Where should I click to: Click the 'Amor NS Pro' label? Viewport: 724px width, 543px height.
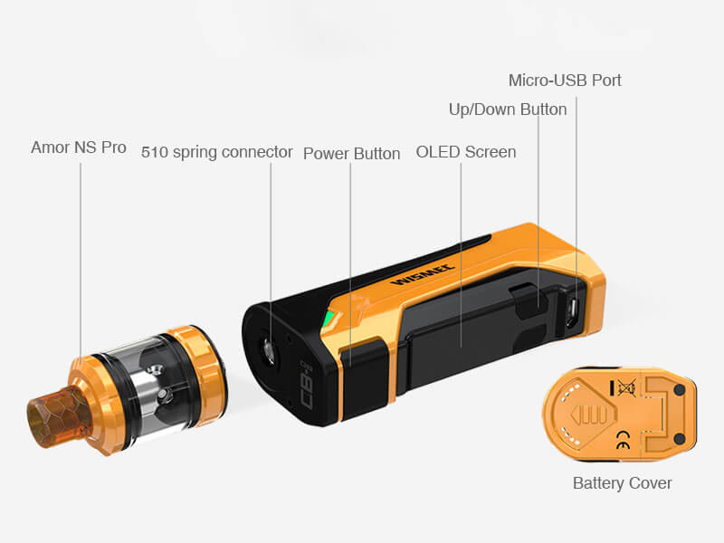click(x=79, y=148)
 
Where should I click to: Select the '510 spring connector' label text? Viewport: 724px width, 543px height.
click(x=216, y=152)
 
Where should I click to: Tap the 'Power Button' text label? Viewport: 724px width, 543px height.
click(x=351, y=154)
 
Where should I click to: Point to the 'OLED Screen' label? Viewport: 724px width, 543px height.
click(x=466, y=152)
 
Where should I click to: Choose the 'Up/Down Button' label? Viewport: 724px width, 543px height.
click(x=508, y=110)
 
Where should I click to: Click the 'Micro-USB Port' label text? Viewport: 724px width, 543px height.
click(x=565, y=81)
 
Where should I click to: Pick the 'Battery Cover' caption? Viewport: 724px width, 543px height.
click(x=622, y=483)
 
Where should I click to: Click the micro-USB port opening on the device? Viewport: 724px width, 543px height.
click(x=573, y=313)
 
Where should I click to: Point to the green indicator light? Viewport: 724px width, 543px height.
click(x=329, y=319)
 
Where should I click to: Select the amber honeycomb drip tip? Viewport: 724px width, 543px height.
click(x=59, y=417)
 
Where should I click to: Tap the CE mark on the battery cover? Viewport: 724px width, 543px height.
click(x=623, y=440)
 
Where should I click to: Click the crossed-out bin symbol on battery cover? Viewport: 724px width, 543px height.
click(x=626, y=387)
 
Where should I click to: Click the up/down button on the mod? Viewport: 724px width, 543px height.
click(x=528, y=302)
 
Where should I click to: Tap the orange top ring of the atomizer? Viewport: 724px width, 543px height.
click(x=197, y=369)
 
